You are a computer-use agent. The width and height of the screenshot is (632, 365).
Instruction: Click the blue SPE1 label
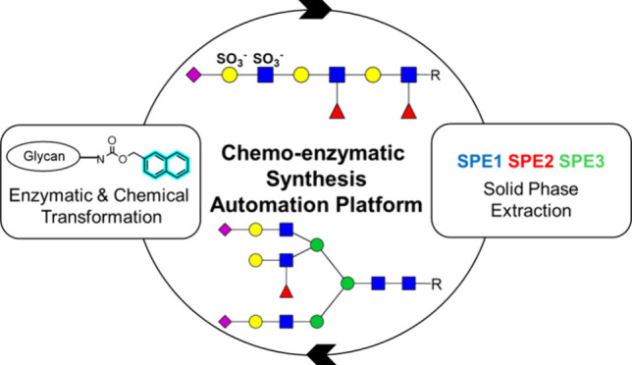point(480,162)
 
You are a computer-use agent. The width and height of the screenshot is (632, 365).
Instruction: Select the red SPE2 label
point(531,162)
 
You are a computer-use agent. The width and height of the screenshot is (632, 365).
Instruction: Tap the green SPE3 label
point(582,162)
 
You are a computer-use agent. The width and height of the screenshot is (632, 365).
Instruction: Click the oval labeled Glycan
point(43,156)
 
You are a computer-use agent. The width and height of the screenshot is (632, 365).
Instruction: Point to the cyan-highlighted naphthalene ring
point(166,165)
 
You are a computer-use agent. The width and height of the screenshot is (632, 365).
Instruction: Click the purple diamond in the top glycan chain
point(194,75)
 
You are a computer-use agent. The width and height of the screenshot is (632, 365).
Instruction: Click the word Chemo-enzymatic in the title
point(313,153)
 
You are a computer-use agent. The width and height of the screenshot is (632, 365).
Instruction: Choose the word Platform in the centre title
point(379,205)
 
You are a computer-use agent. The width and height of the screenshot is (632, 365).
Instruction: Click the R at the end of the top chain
point(436,76)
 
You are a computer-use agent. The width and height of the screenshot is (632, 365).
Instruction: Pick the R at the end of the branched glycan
point(437,285)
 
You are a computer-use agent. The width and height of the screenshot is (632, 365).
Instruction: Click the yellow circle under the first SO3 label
point(230,75)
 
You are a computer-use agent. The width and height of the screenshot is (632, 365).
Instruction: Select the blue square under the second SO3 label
point(265,75)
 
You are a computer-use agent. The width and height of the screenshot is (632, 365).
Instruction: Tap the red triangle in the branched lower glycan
point(287,290)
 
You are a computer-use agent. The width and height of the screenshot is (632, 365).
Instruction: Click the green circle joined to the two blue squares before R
point(347,284)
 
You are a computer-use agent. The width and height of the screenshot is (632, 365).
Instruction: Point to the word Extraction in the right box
point(531,211)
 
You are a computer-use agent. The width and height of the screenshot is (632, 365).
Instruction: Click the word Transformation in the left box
point(102,217)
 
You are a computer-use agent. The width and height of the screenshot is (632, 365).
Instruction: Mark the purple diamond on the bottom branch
point(225,322)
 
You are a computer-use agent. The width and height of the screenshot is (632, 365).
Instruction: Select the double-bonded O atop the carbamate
point(112,141)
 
